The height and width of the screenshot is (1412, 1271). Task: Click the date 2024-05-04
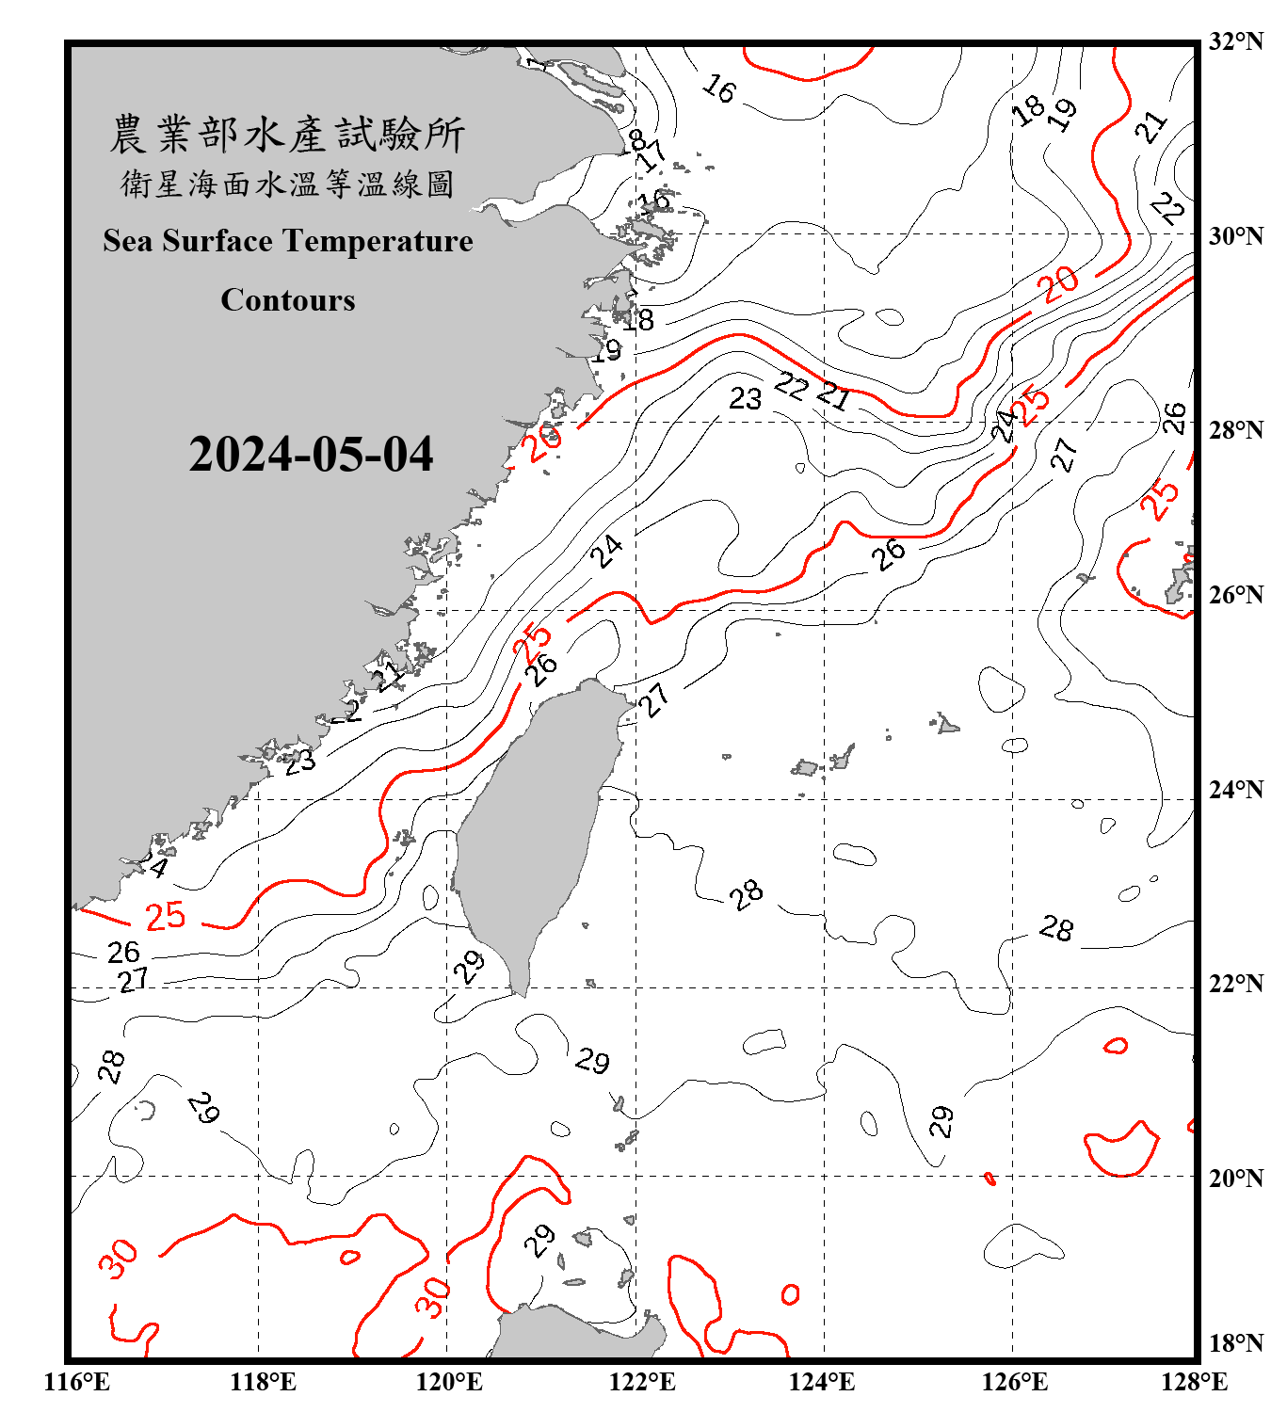[311, 455]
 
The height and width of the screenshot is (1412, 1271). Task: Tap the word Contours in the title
[288, 300]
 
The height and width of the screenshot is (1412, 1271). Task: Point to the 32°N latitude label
[1235, 41]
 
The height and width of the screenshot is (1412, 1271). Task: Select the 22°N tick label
[1235, 985]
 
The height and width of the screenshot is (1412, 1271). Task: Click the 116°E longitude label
[77, 1382]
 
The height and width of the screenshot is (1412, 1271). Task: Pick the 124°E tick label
[822, 1382]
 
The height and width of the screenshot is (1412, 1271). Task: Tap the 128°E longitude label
[1194, 1382]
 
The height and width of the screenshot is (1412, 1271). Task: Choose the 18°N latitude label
[1235, 1343]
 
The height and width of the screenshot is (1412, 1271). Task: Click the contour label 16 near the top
[719, 89]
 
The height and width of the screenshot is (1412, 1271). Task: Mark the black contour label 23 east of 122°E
[745, 399]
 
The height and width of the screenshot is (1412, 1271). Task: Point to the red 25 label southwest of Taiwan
[166, 916]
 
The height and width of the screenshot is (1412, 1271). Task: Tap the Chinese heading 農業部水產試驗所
[287, 135]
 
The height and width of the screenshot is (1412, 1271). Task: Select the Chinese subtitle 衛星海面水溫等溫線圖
[287, 185]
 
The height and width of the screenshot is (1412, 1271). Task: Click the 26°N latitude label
[1235, 595]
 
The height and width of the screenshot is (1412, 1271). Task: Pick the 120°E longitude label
[449, 1382]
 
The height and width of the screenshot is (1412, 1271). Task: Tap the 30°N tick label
[1235, 236]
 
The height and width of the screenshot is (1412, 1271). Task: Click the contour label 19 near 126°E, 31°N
[1063, 114]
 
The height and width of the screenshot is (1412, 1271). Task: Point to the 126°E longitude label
[1013, 1382]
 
